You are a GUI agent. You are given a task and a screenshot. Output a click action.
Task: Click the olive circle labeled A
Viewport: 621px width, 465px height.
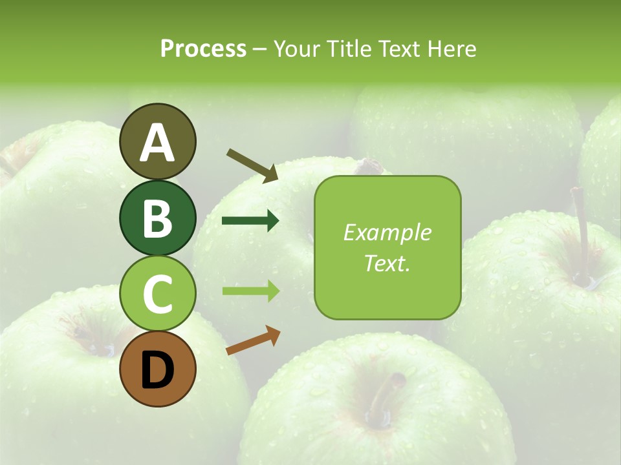(157, 141)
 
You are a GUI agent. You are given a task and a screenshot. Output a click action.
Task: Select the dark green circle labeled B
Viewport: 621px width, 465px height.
(157, 218)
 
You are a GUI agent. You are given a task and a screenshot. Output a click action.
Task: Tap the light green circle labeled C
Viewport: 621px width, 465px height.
(157, 293)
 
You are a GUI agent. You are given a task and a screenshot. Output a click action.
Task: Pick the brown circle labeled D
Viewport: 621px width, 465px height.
(157, 369)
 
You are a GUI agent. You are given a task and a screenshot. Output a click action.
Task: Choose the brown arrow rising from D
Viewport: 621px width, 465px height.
(253, 340)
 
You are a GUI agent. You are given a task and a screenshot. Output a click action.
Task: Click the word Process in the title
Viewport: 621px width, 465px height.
(203, 48)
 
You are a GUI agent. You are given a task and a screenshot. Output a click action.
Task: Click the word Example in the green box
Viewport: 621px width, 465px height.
(387, 233)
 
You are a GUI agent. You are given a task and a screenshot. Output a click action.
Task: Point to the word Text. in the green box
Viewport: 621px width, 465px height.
(387, 263)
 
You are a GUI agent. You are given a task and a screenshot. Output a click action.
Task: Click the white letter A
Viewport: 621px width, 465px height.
(157, 143)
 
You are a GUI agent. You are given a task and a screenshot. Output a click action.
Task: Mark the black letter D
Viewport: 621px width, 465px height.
(157, 370)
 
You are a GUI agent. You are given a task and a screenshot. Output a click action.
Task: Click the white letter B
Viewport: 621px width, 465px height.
(157, 218)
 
